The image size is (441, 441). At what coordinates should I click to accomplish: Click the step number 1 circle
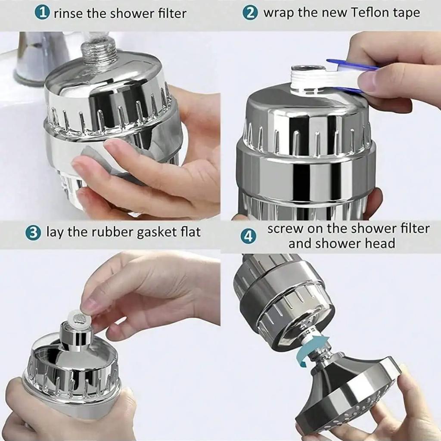[42, 12]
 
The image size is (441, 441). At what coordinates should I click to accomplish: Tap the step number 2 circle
[250, 12]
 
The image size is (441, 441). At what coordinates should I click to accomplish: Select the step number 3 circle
[33, 233]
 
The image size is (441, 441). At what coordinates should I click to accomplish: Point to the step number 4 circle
[248, 236]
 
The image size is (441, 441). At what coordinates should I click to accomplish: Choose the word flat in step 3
[189, 233]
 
